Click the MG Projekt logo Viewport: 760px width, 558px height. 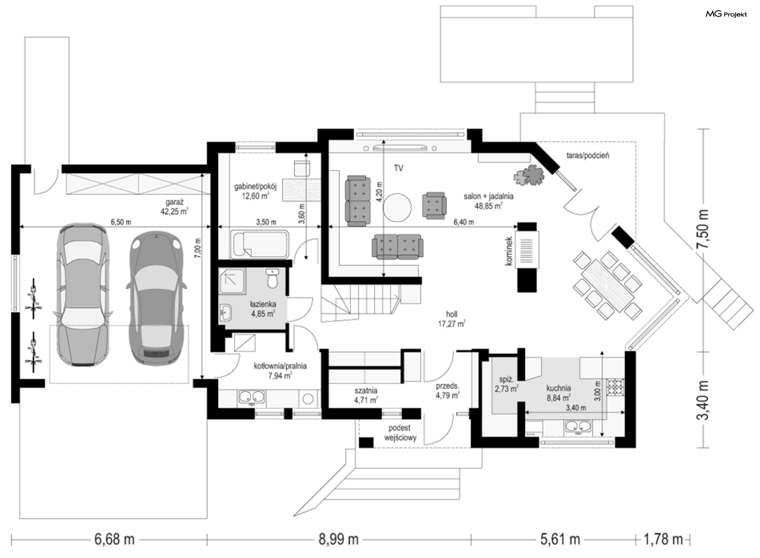pos(726,14)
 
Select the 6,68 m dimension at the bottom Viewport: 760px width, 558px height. pos(114,539)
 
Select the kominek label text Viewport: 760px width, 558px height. pos(509,251)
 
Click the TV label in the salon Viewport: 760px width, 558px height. pos(398,168)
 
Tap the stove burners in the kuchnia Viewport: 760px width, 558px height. pos(615,388)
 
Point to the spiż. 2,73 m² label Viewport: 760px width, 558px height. pos(506,384)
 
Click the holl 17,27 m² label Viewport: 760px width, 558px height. pos(452,319)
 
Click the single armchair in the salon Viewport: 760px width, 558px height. pos(434,205)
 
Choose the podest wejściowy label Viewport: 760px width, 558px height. pos(400,433)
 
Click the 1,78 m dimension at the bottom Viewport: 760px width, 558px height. pos(663,539)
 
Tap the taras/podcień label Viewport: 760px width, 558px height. pos(587,155)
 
